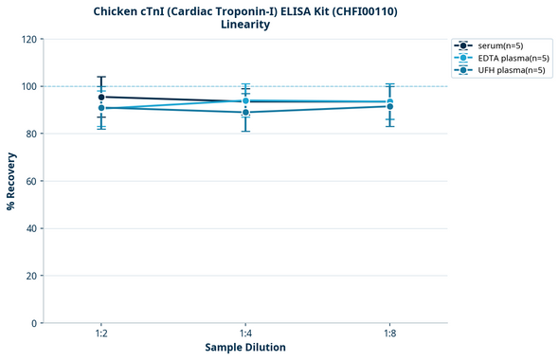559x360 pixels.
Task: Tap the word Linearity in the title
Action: [x=244, y=25]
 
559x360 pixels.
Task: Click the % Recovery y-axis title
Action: [x=11, y=180]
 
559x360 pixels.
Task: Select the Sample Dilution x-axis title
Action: [x=245, y=348]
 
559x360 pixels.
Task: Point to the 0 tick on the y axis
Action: [x=33, y=323]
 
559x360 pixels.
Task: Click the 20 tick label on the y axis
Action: [x=30, y=276]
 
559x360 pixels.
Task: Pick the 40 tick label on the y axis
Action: [x=30, y=228]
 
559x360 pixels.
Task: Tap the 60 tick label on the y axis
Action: [x=30, y=181]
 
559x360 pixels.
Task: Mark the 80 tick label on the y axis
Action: [x=30, y=134]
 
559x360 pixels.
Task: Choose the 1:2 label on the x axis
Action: [x=100, y=333]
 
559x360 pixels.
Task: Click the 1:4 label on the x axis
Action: [x=245, y=333]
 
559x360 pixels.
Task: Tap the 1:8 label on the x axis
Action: [x=390, y=333]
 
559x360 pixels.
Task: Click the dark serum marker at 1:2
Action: [x=100, y=97]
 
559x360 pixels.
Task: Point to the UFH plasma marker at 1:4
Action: [x=245, y=113]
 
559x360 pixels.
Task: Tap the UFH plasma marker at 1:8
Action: [x=390, y=106]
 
